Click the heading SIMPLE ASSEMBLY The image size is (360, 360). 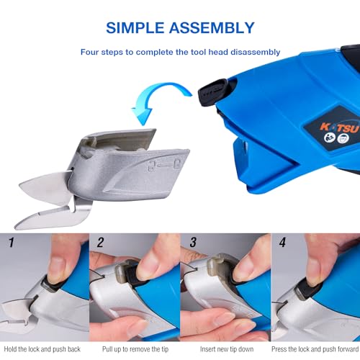coord(180,28)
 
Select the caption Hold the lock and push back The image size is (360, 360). coord(45,349)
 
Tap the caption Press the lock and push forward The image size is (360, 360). coord(314,349)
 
